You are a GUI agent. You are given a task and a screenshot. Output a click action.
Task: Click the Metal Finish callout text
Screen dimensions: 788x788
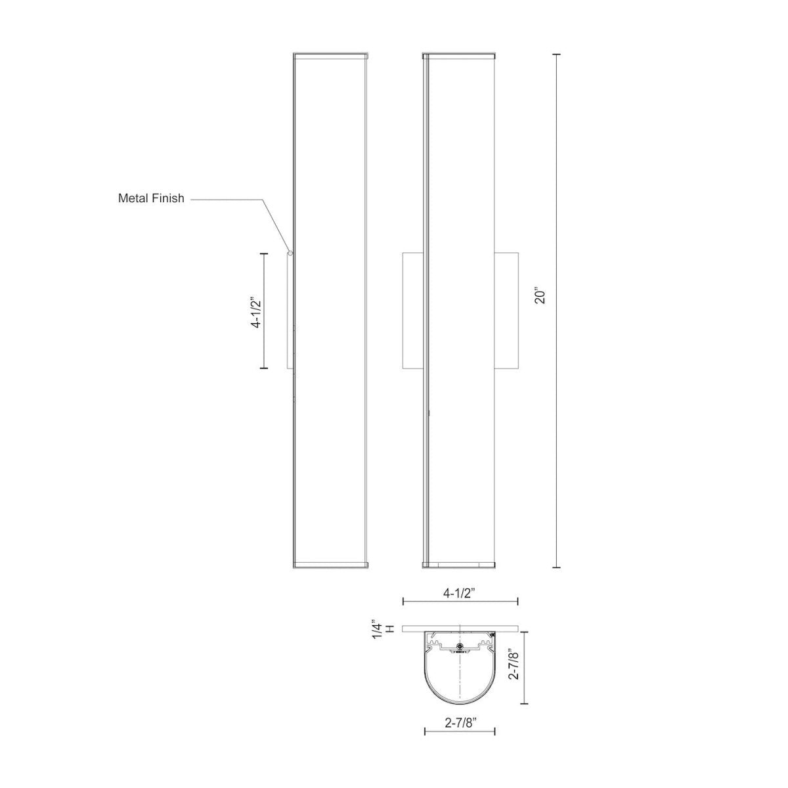click(x=151, y=198)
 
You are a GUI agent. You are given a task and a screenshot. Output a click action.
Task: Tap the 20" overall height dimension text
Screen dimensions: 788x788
click(x=540, y=296)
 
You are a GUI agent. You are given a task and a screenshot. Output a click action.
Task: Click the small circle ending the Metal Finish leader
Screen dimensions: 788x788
click(x=290, y=252)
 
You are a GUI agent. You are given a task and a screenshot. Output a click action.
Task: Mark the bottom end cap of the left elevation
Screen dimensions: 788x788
click(x=330, y=564)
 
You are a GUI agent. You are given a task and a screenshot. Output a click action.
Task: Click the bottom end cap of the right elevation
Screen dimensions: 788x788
click(x=460, y=564)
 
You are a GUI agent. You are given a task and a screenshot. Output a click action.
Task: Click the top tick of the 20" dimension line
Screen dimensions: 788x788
click(x=558, y=54)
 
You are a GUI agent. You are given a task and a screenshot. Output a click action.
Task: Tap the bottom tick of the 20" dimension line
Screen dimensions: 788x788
click(x=558, y=567)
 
